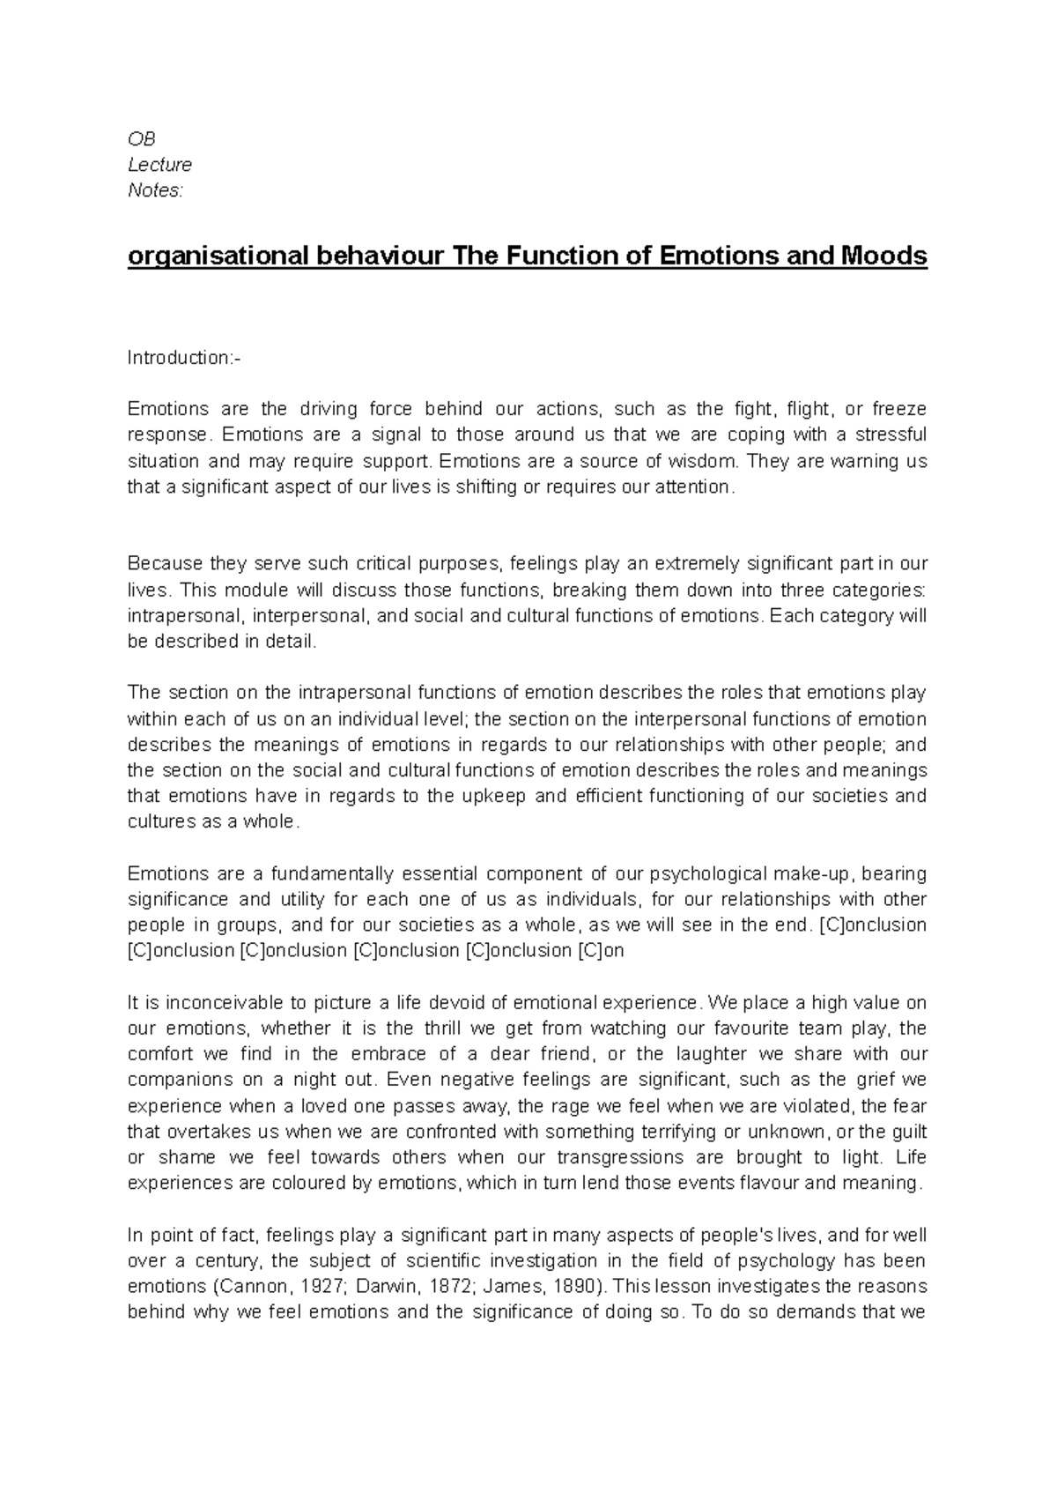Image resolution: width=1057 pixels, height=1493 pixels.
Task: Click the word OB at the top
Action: click(x=141, y=139)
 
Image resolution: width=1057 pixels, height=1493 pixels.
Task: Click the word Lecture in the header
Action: click(x=159, y=165)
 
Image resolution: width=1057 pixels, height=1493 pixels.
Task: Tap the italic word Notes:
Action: click(x=156, y=190)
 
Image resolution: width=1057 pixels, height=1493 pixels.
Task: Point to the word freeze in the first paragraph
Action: click(x=898, y=409)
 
